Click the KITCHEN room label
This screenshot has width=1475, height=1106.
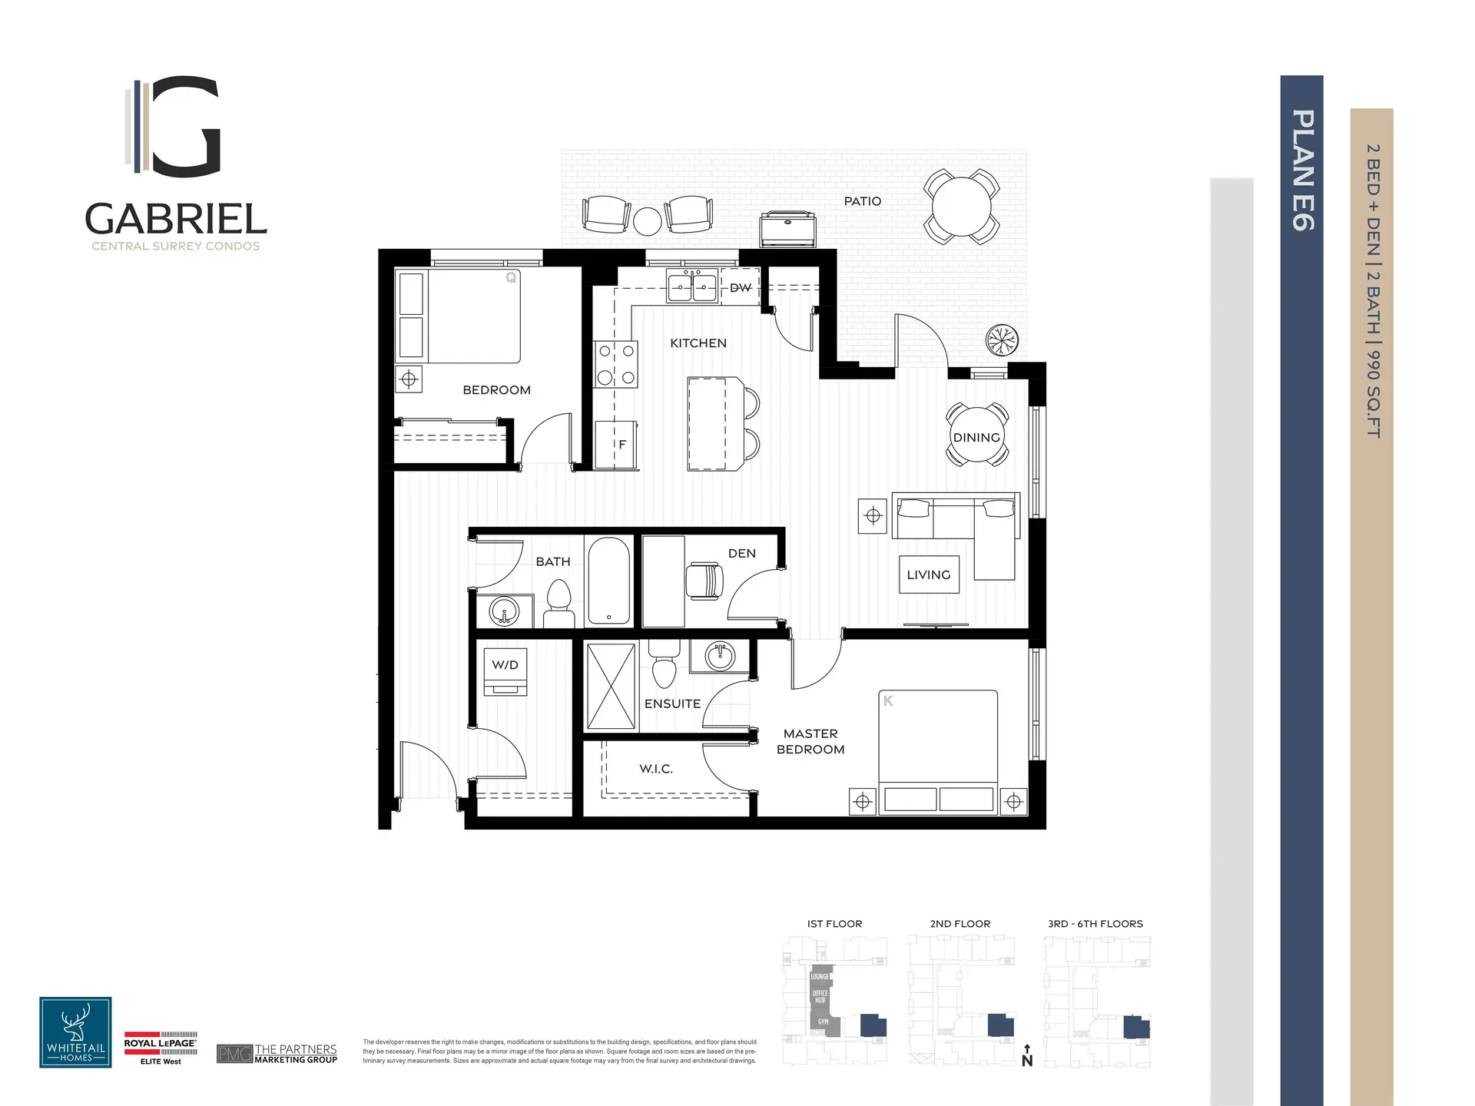click(x=698, y=343)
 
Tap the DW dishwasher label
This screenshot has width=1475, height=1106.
click(x=741, y=288)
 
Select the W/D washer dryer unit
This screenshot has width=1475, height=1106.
click(x=505, y=672)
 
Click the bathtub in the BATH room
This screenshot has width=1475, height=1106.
click(x=609, y=581)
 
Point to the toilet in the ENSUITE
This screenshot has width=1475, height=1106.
click(x=664, y=667)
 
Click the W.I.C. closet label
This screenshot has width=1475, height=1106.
click(x=656, y=769)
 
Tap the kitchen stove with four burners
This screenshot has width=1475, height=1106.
click(x=616, y=364)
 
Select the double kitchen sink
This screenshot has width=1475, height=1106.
click(x=692, y=288)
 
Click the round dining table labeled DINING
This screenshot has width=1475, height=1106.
click(x=976, y=435)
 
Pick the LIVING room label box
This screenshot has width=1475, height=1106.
click(x=929, y=575)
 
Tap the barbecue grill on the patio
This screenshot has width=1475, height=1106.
click(x=788, y=229)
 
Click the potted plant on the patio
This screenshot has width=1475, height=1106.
click(x=1002, y=339)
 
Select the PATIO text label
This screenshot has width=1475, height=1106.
click(x=862, y=201)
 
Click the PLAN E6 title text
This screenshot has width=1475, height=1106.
click(x=1302, y=170)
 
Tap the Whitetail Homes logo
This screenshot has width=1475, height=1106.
click(x=75, y=1032)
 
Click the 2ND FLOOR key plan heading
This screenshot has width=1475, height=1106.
click(x=960, y=924)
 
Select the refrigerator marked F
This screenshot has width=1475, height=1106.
click(x=617, y=444)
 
